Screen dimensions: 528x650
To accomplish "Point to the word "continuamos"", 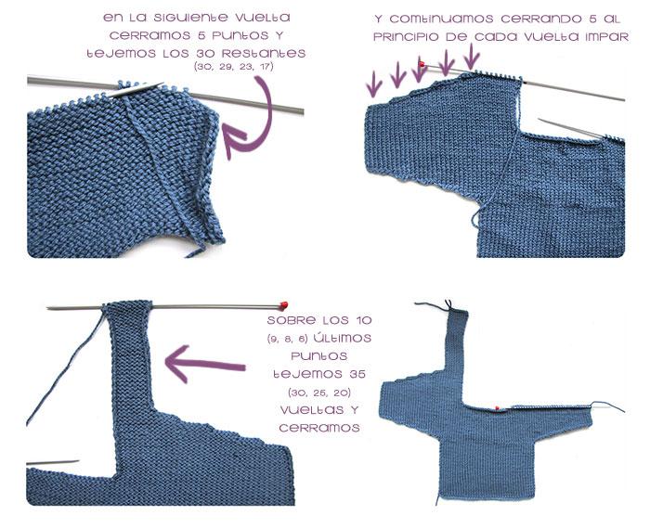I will [x=448, y=19].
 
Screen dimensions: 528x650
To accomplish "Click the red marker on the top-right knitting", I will [x=423, y=64].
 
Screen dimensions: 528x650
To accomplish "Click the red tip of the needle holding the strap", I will [x=283, y=304].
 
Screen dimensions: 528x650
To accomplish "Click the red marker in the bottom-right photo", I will [x=498, y=407].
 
